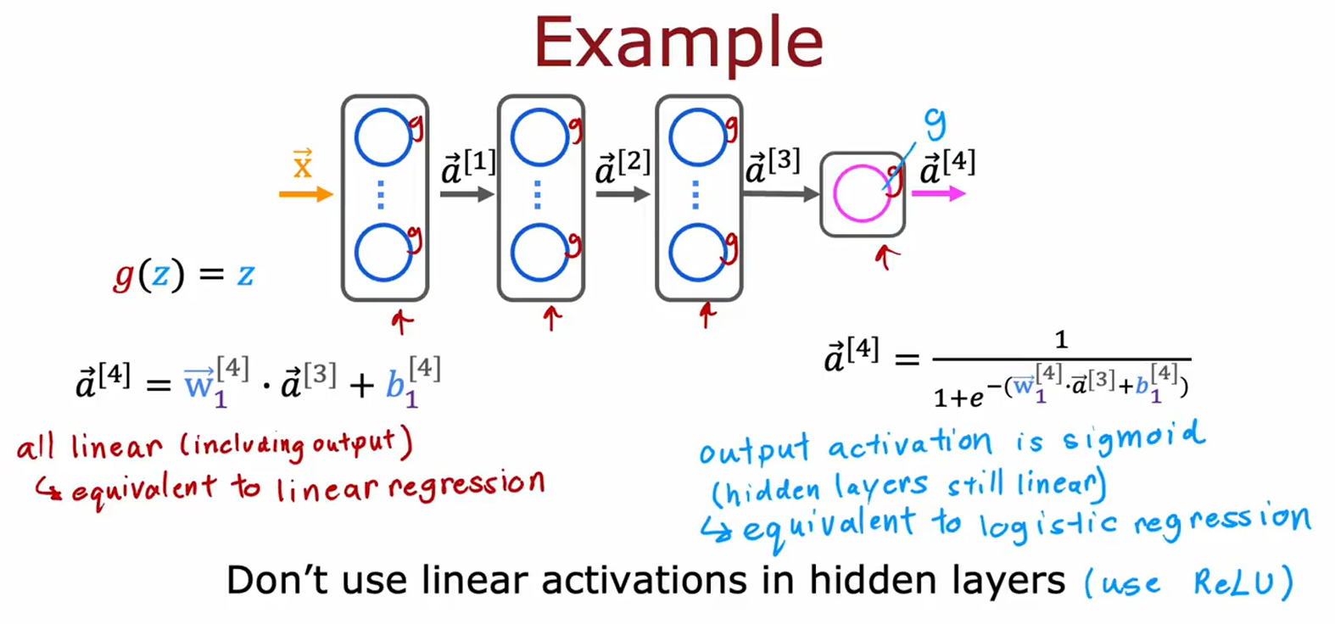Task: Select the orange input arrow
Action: tap(305, 195)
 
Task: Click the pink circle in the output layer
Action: tap(861, 194)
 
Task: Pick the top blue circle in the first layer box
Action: tap(383, 137)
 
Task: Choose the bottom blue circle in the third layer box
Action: tap(697, 253)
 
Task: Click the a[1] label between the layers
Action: tap(468, 167)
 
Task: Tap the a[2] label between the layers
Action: tap(623, 167)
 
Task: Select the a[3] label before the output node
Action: tap(772, 167)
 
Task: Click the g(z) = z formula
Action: tap(184, 275)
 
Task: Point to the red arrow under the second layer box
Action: tap(552, 319)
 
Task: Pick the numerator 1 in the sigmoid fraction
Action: tap(1060, 341)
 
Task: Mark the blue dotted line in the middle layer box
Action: tap(538, 195)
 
